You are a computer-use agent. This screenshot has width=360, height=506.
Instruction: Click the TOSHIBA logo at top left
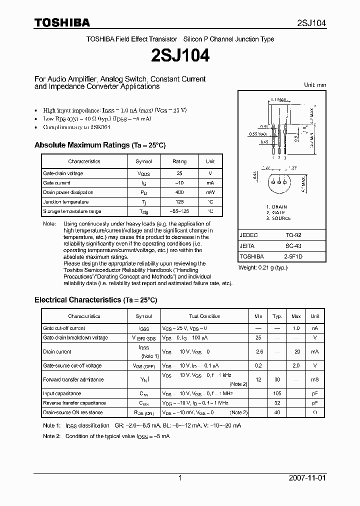tap(62, 23)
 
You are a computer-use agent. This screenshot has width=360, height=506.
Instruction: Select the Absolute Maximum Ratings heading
tap(99, 145)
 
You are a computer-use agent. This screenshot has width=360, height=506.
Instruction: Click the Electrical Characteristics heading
tap(95, 300)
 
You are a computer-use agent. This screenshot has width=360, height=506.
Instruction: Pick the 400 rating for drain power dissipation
tap(179, 192)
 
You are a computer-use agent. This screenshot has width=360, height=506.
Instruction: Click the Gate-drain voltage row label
tap(63, 173)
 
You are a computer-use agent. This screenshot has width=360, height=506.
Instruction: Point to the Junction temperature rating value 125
tap(179, 202)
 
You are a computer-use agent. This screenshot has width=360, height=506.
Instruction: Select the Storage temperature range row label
tap(72, 211)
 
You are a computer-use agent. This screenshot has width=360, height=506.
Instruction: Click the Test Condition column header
tap(204, 316)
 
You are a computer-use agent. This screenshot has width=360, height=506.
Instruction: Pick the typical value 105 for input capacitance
tap(276, 393)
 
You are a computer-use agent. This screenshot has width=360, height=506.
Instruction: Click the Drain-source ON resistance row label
tap(73, 412)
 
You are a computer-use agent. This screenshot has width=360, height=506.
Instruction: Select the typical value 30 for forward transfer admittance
tap(276, 380)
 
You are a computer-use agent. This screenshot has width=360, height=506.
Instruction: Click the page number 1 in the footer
tap(180, 478)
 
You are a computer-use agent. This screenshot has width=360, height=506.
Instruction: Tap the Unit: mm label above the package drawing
tap(315, 85)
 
